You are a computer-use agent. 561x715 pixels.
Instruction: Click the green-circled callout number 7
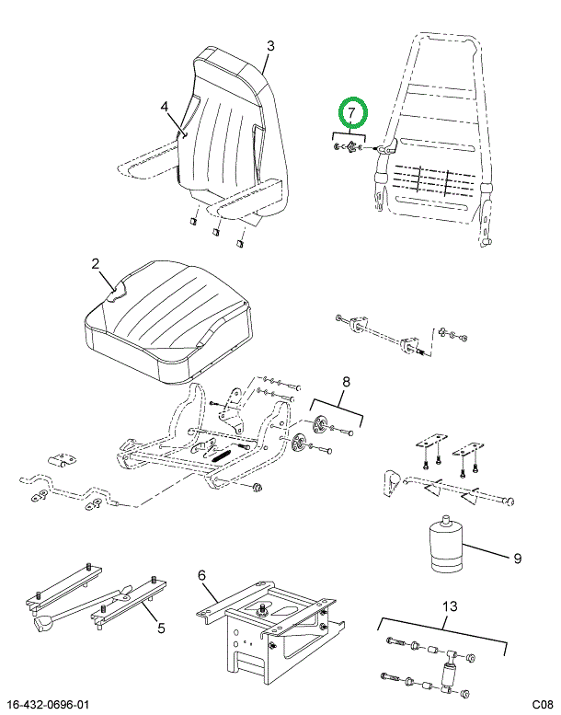pos(351,112)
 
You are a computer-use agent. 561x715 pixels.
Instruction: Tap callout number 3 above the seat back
pos(270,46)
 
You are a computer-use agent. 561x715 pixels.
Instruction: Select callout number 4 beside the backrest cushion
pos(165,107)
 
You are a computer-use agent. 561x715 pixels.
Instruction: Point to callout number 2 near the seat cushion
pos(96,264)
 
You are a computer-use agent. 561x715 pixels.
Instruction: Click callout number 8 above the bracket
pos(346,382)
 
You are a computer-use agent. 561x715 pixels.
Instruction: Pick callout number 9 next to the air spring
pos(517,559)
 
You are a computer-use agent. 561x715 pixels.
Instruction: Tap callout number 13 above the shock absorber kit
pos(450,606)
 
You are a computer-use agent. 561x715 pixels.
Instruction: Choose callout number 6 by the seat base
pos(202,575)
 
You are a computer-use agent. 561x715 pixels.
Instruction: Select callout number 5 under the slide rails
pos(161,629)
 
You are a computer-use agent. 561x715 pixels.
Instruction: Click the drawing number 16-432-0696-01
pos(49,705)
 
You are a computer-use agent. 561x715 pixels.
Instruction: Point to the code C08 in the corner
pos(542,705)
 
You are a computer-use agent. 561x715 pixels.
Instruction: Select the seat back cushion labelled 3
pos(233,137)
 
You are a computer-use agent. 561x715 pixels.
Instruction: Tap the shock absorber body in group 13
pos(449,675)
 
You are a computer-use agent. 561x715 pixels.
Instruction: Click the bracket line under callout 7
pos(349,135)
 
